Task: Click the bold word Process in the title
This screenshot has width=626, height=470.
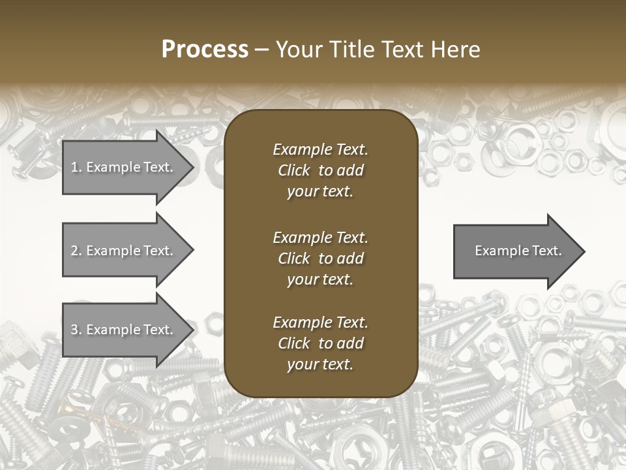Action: tap(205, 50)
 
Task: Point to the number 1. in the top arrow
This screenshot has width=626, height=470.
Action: tap(76, 167)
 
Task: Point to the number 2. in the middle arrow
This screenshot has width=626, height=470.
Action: tap(76, 251)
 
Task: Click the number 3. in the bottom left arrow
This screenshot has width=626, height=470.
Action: tap(76, 330)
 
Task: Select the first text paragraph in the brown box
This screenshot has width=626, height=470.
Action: tap(320, 170)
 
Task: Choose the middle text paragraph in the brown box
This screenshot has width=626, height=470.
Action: tap(320, 258)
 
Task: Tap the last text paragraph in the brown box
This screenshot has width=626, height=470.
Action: tap(320, 343)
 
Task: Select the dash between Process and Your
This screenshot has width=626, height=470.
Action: tap(262, 50)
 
